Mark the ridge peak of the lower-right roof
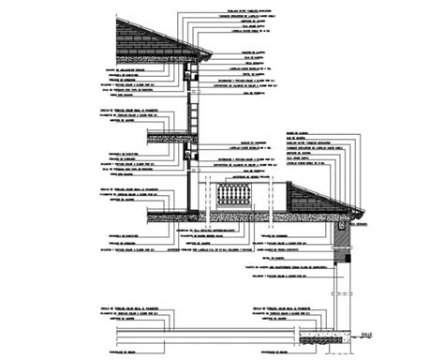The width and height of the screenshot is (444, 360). (292, 185)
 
